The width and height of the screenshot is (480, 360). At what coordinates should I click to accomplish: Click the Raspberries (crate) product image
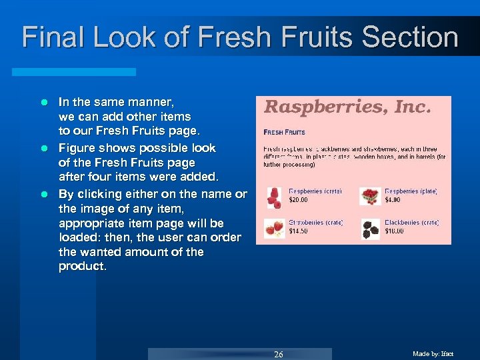[x=273, y=197]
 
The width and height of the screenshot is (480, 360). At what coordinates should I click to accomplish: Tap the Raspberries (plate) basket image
[x=370, y=196]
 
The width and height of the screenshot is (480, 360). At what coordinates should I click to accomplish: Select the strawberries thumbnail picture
[x=273, y=229]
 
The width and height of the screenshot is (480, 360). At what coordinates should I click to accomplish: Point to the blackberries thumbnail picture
[x=370, y=229]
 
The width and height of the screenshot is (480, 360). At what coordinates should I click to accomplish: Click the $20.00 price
[x=298, y=199]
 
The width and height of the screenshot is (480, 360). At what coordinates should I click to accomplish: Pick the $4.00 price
[x=393, y=199]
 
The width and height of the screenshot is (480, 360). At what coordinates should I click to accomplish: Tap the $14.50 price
[x=298, y=231]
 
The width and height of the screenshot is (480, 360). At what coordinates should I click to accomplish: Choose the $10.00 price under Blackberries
[x=395, y=231]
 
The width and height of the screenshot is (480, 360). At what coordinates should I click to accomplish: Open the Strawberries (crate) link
[x=315, y=223]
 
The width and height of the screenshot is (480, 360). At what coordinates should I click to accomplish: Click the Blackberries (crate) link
[x=411, y=223]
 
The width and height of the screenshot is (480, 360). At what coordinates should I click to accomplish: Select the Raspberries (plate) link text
[x=411, y=191]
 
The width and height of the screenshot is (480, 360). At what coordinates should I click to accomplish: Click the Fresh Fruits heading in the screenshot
[x=284, y=132]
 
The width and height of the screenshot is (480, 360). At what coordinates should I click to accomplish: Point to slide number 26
[x=279, y=354]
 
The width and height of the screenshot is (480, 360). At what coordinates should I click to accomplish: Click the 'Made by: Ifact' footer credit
[x=434, y=354]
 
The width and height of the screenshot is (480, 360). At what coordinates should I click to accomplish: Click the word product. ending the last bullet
[x=82, y=267]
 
